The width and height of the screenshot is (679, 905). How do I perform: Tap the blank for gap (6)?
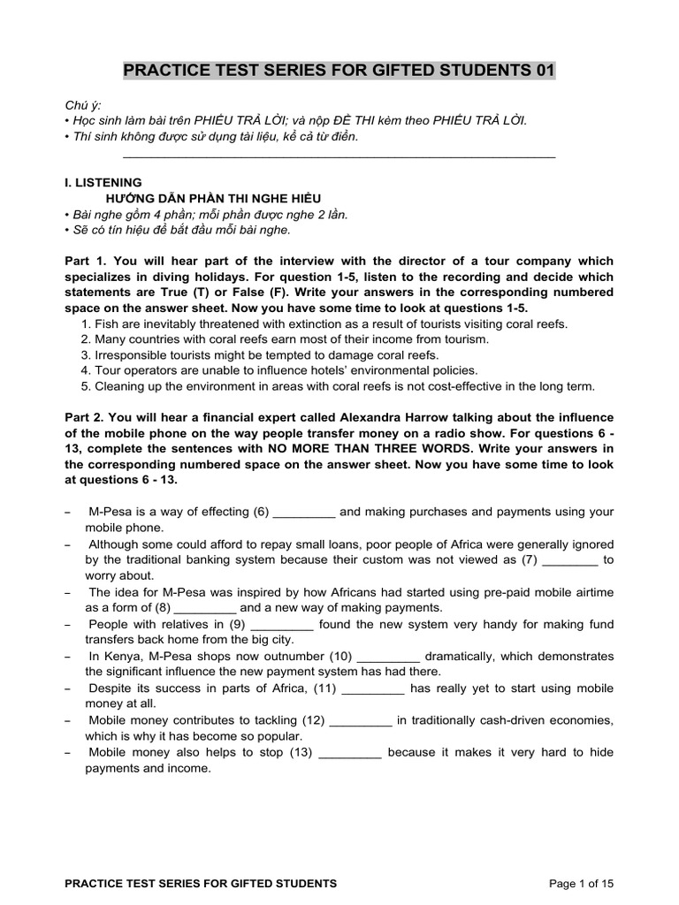click(305, 513)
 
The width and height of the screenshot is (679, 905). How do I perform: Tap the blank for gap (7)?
click(569, 560)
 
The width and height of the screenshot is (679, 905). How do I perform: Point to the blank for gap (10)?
click(389, 657)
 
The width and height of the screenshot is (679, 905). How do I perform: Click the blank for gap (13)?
click(349, 753)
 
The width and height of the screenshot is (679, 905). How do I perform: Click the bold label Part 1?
click(87, 262)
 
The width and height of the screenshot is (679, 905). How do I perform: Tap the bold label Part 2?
click(87, 417)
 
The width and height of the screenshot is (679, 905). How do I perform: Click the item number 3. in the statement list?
click(86, 354)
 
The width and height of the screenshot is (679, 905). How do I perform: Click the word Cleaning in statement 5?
click(119, 386)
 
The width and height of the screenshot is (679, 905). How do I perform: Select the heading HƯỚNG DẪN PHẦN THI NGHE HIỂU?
click(213, 198)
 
